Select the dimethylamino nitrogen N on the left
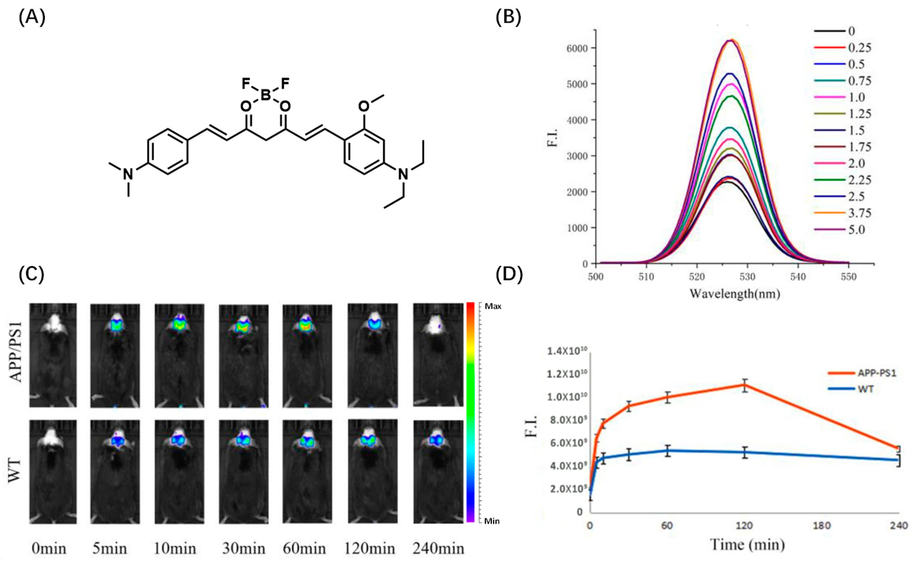tap(128, 174)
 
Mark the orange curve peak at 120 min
tap(745, 385)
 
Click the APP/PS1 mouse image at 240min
tap(437, 355)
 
